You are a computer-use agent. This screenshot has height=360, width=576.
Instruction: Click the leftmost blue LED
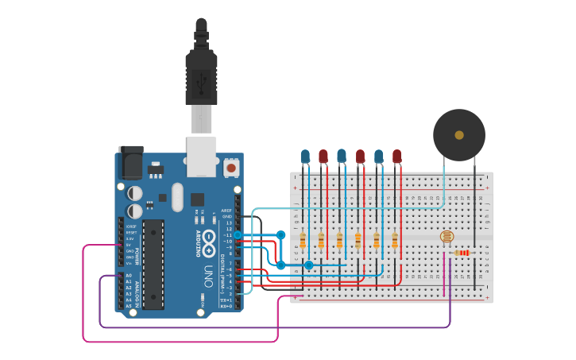tap(305, 156)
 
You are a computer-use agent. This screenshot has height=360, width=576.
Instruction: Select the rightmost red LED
tap(397, 156)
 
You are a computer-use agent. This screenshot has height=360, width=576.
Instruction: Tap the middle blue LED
tap(342, 156)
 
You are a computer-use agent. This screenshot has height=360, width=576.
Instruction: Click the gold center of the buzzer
tap(459, 135)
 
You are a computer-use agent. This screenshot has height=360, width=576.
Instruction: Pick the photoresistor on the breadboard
tap(446, 237)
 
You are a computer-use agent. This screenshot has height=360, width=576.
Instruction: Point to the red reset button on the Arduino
tap(231, 167)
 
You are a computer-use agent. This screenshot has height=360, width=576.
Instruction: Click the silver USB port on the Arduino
tap(201, 156)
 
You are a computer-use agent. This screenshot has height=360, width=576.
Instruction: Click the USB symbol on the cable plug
tap(202, 79)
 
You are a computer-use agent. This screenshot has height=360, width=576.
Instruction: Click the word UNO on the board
tap(209, 275)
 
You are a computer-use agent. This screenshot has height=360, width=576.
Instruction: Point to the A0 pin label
tap(129, 276)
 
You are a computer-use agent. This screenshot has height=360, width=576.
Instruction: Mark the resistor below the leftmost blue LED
tap(303, 240)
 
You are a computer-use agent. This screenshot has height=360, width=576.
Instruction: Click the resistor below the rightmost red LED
tap(395, 240)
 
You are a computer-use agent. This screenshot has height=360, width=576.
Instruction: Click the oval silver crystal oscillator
tap(176, 196)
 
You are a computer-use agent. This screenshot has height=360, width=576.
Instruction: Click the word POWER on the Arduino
tap(137, 255)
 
